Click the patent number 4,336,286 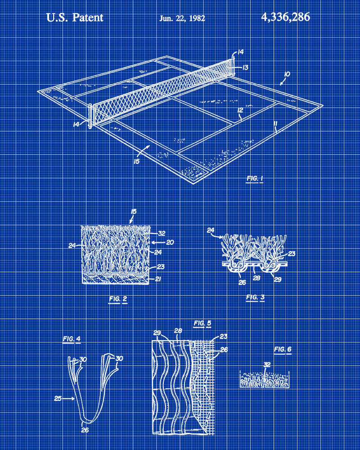pos(285,17)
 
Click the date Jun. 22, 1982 pos(182,18)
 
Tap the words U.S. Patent pos(75,18)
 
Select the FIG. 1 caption pos(255,179)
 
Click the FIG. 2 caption pos(118,299)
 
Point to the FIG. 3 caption pos(255,297)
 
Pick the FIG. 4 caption pos(72,339)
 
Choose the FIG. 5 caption pos(202,324)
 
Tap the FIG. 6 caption pos(283,349)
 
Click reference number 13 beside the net pos(245,67)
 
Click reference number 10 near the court pos(287,74)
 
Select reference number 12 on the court pos(240,110)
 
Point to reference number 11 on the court pos(275,123)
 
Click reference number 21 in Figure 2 pos(157,279)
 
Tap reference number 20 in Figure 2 pos(170,243)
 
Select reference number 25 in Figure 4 pos(58,398)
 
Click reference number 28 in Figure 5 pos(178,331)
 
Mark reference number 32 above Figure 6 pos(267,364)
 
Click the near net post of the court pos(90,116)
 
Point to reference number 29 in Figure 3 pos(278,279)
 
